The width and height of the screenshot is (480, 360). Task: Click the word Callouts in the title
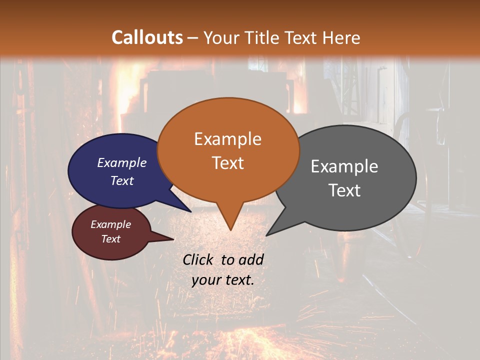tap(147, 37)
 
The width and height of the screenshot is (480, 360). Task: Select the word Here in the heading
tap(341, 37)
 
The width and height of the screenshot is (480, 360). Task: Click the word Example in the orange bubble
tap(227, 139)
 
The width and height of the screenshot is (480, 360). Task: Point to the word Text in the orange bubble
tap(227, 163)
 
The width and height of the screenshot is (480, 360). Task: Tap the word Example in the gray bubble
tap(344, 166)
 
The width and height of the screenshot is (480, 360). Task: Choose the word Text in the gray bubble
tap(344, 190)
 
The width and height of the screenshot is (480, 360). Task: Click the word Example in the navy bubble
tap(122, 162)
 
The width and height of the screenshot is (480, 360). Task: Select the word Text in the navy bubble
tap(122, 180)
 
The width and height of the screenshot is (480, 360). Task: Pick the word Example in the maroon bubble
tap(110, 224)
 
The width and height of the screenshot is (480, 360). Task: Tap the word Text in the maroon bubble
tap(110, 239)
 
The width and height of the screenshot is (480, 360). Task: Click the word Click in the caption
tap(199, 259)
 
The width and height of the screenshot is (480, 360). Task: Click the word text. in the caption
tap(239, 280)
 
